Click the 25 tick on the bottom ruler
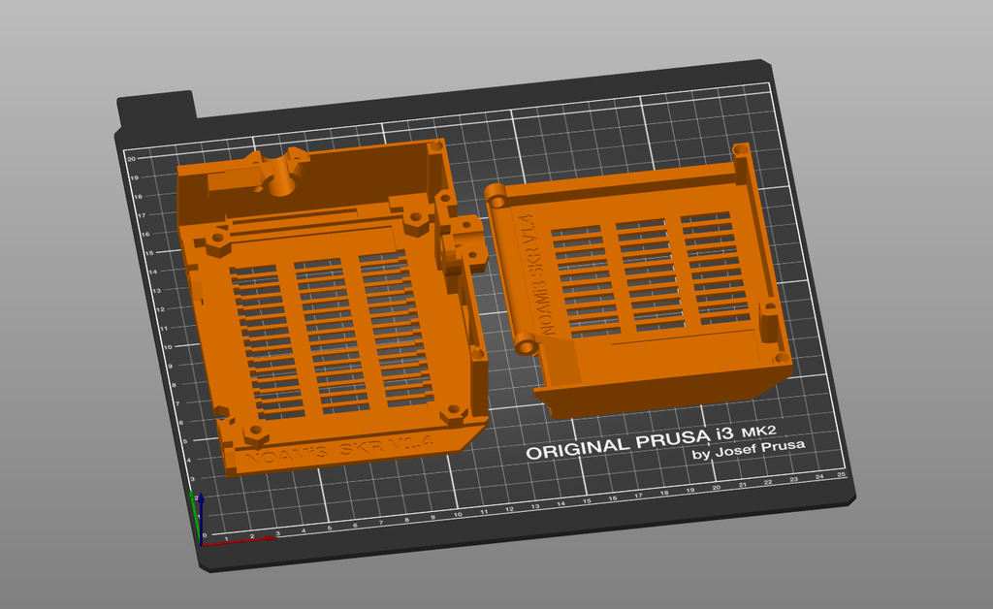842,474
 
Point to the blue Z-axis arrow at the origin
199,504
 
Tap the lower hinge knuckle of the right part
526,344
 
